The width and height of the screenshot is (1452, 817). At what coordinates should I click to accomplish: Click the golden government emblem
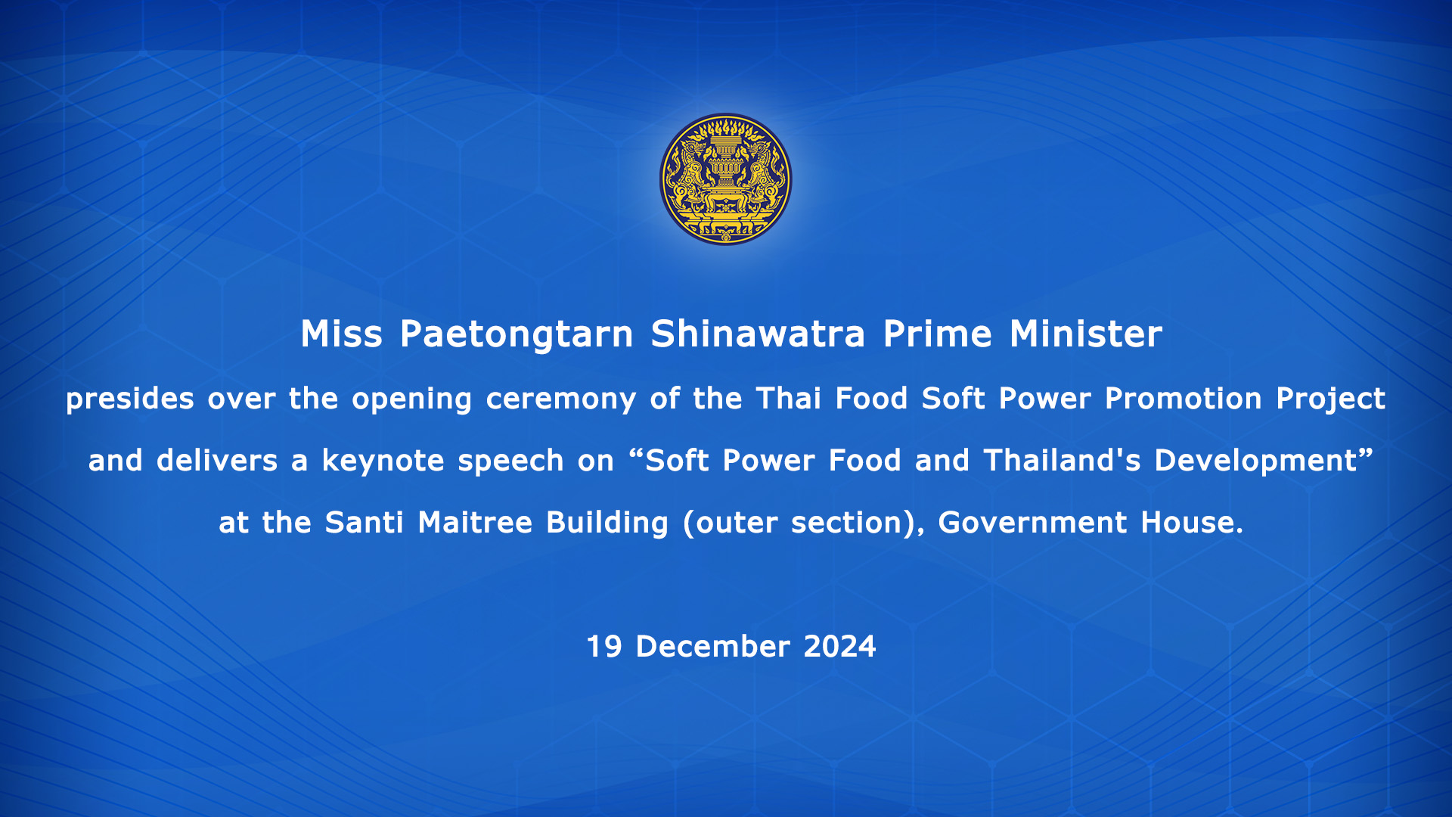[x=726, y=179]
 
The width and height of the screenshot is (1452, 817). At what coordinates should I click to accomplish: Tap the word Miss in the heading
[x=342, y=334]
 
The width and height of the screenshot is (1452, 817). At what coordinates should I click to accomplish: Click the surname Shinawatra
[x=758, y=334]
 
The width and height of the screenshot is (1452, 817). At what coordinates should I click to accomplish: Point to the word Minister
[x=1086, y=334]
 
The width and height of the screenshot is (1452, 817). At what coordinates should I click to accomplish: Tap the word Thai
[x=789, y=398]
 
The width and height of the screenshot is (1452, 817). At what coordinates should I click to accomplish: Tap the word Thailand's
[x=1063, y=460]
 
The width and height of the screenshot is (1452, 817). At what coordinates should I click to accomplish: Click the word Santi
[x=365, y=522]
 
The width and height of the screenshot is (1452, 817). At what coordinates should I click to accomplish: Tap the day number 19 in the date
[x=604, y=647]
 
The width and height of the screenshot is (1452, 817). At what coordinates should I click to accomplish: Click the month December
[x=713, y=647]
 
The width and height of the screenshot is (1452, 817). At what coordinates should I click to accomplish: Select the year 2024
[x=839, y=647]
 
